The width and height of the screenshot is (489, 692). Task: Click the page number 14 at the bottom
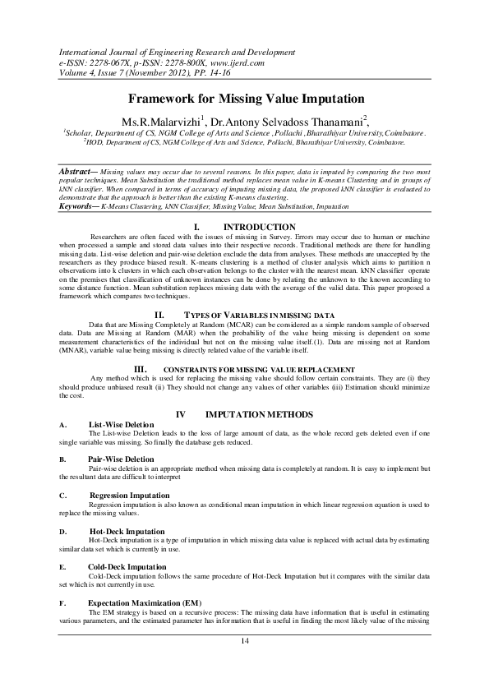point(244,639)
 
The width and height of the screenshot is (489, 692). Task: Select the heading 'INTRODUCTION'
point(260,226)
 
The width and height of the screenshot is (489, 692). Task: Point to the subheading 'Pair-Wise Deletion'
point(121,459)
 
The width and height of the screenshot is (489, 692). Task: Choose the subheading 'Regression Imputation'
point(128,496)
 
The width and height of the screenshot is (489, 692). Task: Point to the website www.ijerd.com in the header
point(234,62)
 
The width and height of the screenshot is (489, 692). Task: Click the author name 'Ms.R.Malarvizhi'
point(159,120)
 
